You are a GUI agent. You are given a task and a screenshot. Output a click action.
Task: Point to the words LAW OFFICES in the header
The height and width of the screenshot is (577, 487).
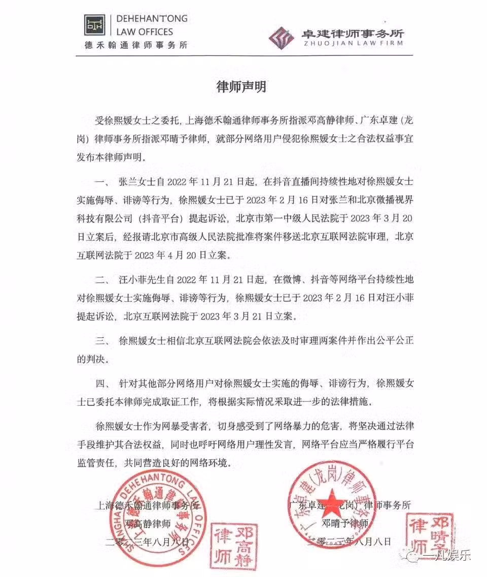tap(145, 31)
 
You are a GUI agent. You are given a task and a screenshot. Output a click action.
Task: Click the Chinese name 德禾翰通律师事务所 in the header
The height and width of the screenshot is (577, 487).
tap(136, 45)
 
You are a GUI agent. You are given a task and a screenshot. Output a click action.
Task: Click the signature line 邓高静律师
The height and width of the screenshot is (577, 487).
tap(147, 523)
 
